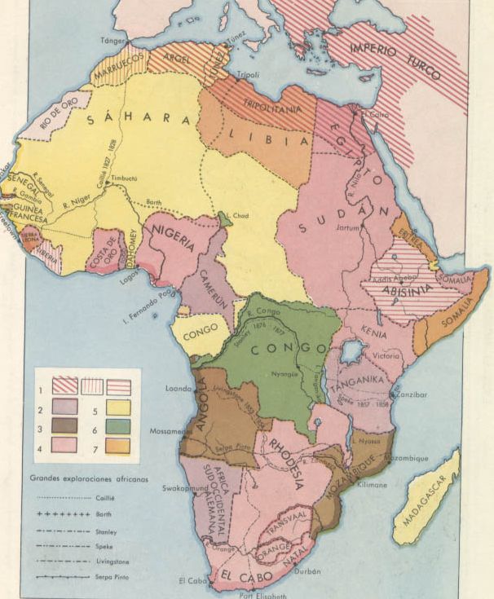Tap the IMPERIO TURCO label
coord(395,60)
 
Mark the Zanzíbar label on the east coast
coord(412,394)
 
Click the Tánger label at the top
coord(114,39)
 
